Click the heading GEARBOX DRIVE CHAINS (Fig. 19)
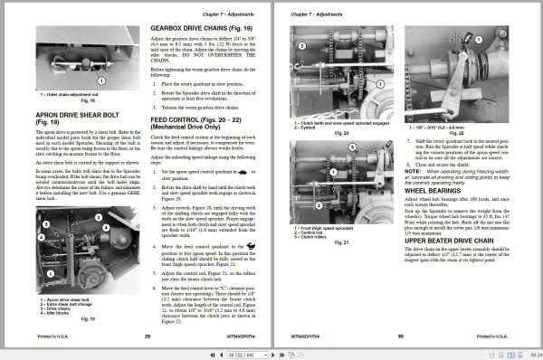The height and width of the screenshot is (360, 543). [x=196, y=29]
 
